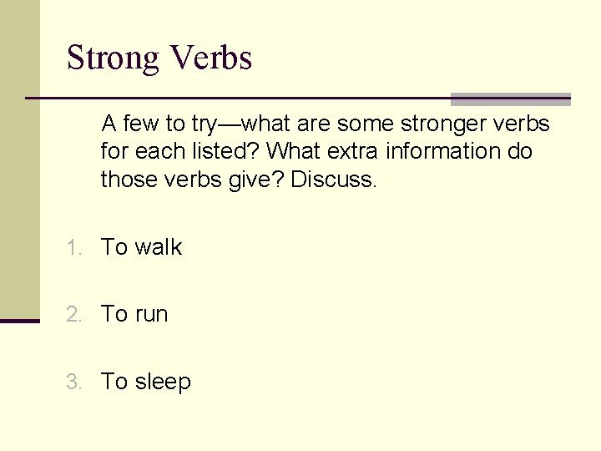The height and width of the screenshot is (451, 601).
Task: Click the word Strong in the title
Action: pos(113,58)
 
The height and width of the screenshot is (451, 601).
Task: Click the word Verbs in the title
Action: pos(210,58)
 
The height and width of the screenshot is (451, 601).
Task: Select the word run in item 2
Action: pos(151,314)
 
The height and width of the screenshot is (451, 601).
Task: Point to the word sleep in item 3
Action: pos(163,382)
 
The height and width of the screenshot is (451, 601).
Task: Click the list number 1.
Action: pos(75,248)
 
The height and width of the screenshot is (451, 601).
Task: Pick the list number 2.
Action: pos(75,315)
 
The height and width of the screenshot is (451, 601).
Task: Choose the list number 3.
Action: pos(75,383)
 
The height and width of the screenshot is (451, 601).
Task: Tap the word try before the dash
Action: pos(204,124)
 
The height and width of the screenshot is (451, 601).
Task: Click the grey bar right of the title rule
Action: pos(510,99)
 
